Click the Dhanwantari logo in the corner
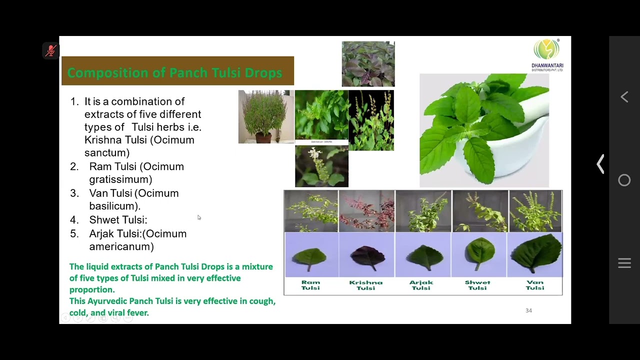coord(547,54)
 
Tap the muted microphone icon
coord(50,50)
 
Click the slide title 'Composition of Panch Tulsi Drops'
coord(174,73)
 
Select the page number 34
coord(528,310)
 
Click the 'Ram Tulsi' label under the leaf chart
coord(310,285)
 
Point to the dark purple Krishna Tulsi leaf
coord(366,255)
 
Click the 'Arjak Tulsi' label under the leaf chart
coord(421,285)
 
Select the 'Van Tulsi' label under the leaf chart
coord(534,285)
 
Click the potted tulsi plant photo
coord(266,117)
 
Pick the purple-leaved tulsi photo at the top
coord(368,64)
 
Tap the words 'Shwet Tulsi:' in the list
coord(118,220)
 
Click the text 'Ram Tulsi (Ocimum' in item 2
coord(136,166)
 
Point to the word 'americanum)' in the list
coord(121,246)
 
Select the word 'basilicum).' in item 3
coord(115,206)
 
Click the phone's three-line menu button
coord(624,263)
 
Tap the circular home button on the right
coord(624,180)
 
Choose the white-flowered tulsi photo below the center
coord(321,166)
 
